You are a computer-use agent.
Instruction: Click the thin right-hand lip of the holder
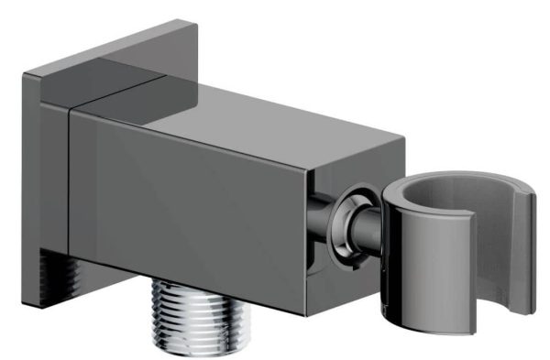tap(531, 247)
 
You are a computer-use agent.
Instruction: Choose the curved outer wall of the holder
tap(412, 275)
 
